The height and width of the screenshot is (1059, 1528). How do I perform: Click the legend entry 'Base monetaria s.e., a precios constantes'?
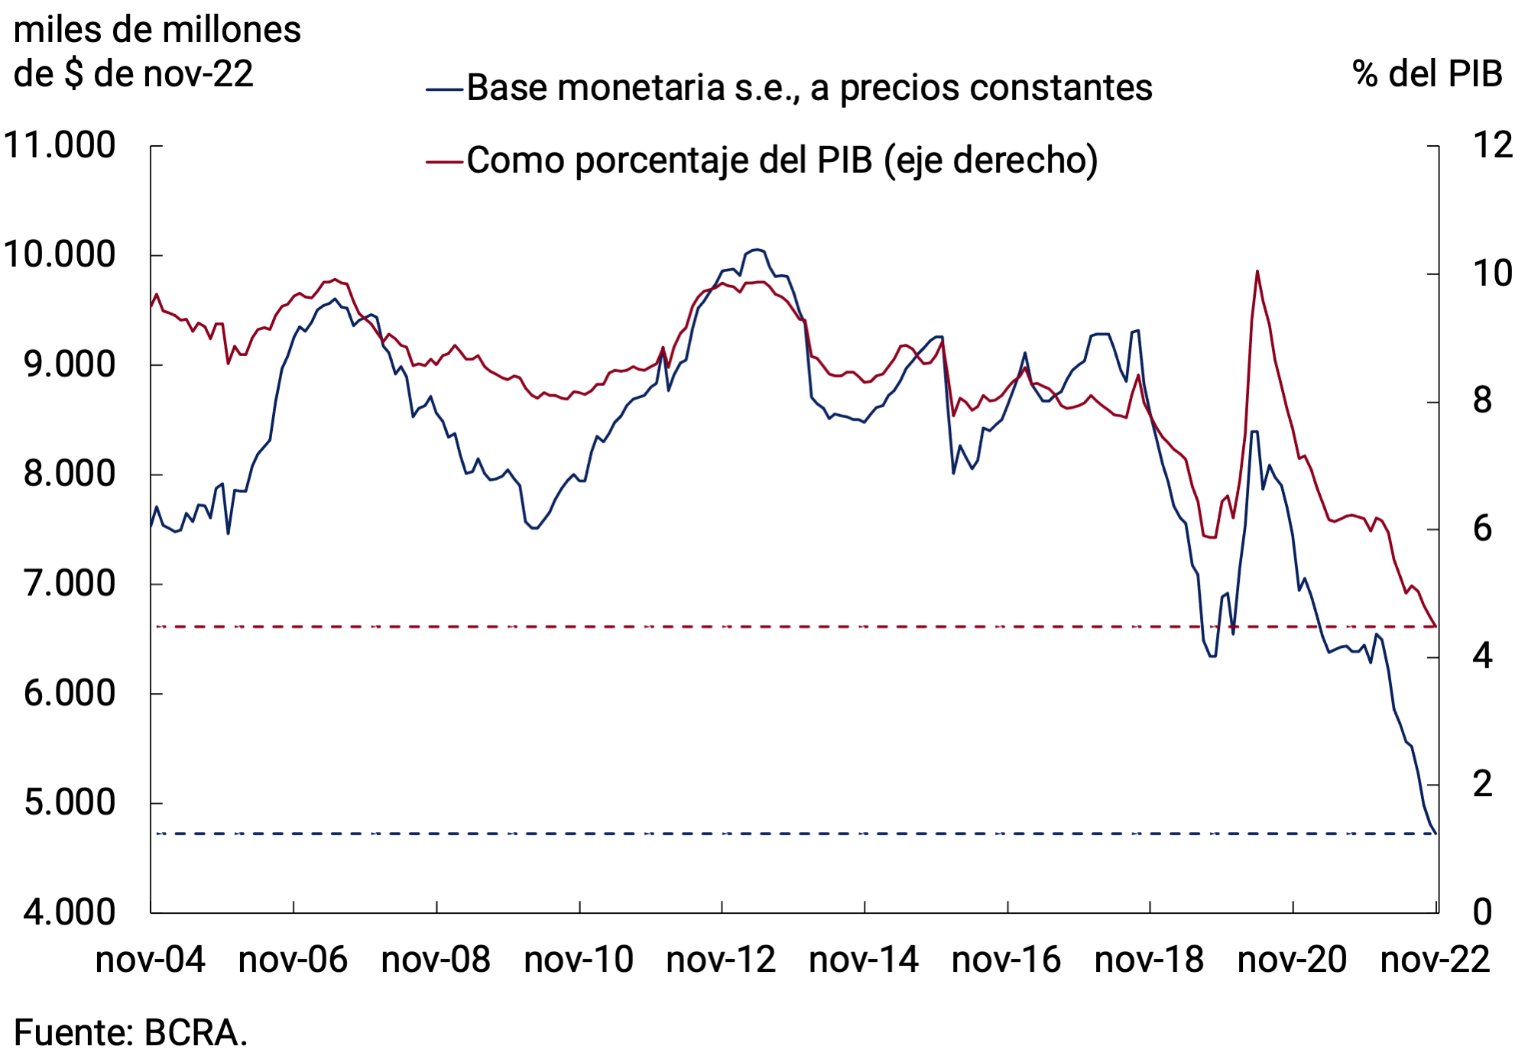pos(809,88)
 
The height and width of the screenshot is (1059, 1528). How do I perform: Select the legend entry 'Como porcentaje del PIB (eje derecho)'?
pos(781,160)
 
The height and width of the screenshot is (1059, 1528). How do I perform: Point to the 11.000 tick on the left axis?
pos(60,145)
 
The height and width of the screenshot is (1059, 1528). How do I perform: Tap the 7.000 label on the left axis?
pos(69,584)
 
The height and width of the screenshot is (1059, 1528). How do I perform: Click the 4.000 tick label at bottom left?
pos(69,912)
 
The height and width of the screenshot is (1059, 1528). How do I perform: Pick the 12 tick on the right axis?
pos(1492,145)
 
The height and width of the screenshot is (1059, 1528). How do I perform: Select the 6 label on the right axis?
pos(1482,529)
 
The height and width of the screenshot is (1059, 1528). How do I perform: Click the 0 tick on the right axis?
pos(1482,912)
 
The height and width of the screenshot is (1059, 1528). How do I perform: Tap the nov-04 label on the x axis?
pos(151,960)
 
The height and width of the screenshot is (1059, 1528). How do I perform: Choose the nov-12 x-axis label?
pos(721,960)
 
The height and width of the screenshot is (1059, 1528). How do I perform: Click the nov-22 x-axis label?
pos(1435,960)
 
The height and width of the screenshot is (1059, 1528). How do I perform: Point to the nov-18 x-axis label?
pos(1149,960)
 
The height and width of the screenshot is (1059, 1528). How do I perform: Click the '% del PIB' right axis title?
pos(1427,74)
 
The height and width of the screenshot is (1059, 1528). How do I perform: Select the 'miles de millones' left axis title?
pos(157,31)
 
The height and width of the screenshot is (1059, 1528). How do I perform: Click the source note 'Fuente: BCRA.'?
pos(131,1033)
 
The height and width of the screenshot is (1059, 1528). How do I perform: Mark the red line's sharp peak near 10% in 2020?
pos(1257,271)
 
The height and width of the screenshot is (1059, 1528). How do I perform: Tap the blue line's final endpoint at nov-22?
pos(1436,834)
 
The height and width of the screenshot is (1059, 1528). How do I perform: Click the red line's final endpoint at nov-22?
pos(1436,627)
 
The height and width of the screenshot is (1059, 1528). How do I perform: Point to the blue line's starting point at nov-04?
pos(151,526)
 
